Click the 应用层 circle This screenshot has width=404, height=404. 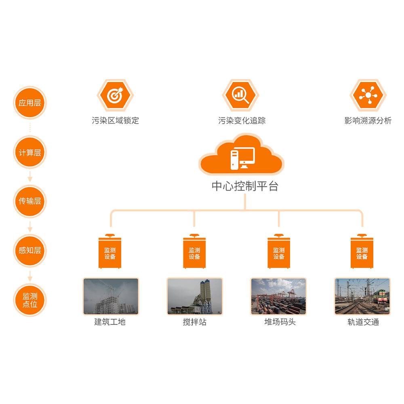(x=30, y=103)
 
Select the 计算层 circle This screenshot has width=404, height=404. (x=30, y=152)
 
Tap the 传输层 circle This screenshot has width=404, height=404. (x=30, y=201)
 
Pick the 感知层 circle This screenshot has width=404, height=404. (x=30, y=250)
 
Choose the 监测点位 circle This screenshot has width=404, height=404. (x=30, y=300)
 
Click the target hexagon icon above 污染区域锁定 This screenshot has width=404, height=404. (x=115, y=95)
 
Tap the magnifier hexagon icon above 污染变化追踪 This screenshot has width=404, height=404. (x=241, y=95)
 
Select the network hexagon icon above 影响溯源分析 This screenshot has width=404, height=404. (x=368, y=95)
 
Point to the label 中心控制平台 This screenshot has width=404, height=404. (x=245, y=186)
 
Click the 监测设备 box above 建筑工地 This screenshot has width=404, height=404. (x=110, y=253)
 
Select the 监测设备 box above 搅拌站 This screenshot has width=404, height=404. (x=194, y=253)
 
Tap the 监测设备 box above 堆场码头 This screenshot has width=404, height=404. (x=279, y=253)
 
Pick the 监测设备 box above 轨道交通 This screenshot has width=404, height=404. (x=362, y=253)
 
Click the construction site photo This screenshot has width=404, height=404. (x=111, y=296)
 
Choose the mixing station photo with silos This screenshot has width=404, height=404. (x=195, y=296)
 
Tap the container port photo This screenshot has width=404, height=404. (x=278, y=296)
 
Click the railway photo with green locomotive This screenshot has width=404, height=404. (x=362, y=296)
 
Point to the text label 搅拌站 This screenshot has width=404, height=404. (x=194, y=322)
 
